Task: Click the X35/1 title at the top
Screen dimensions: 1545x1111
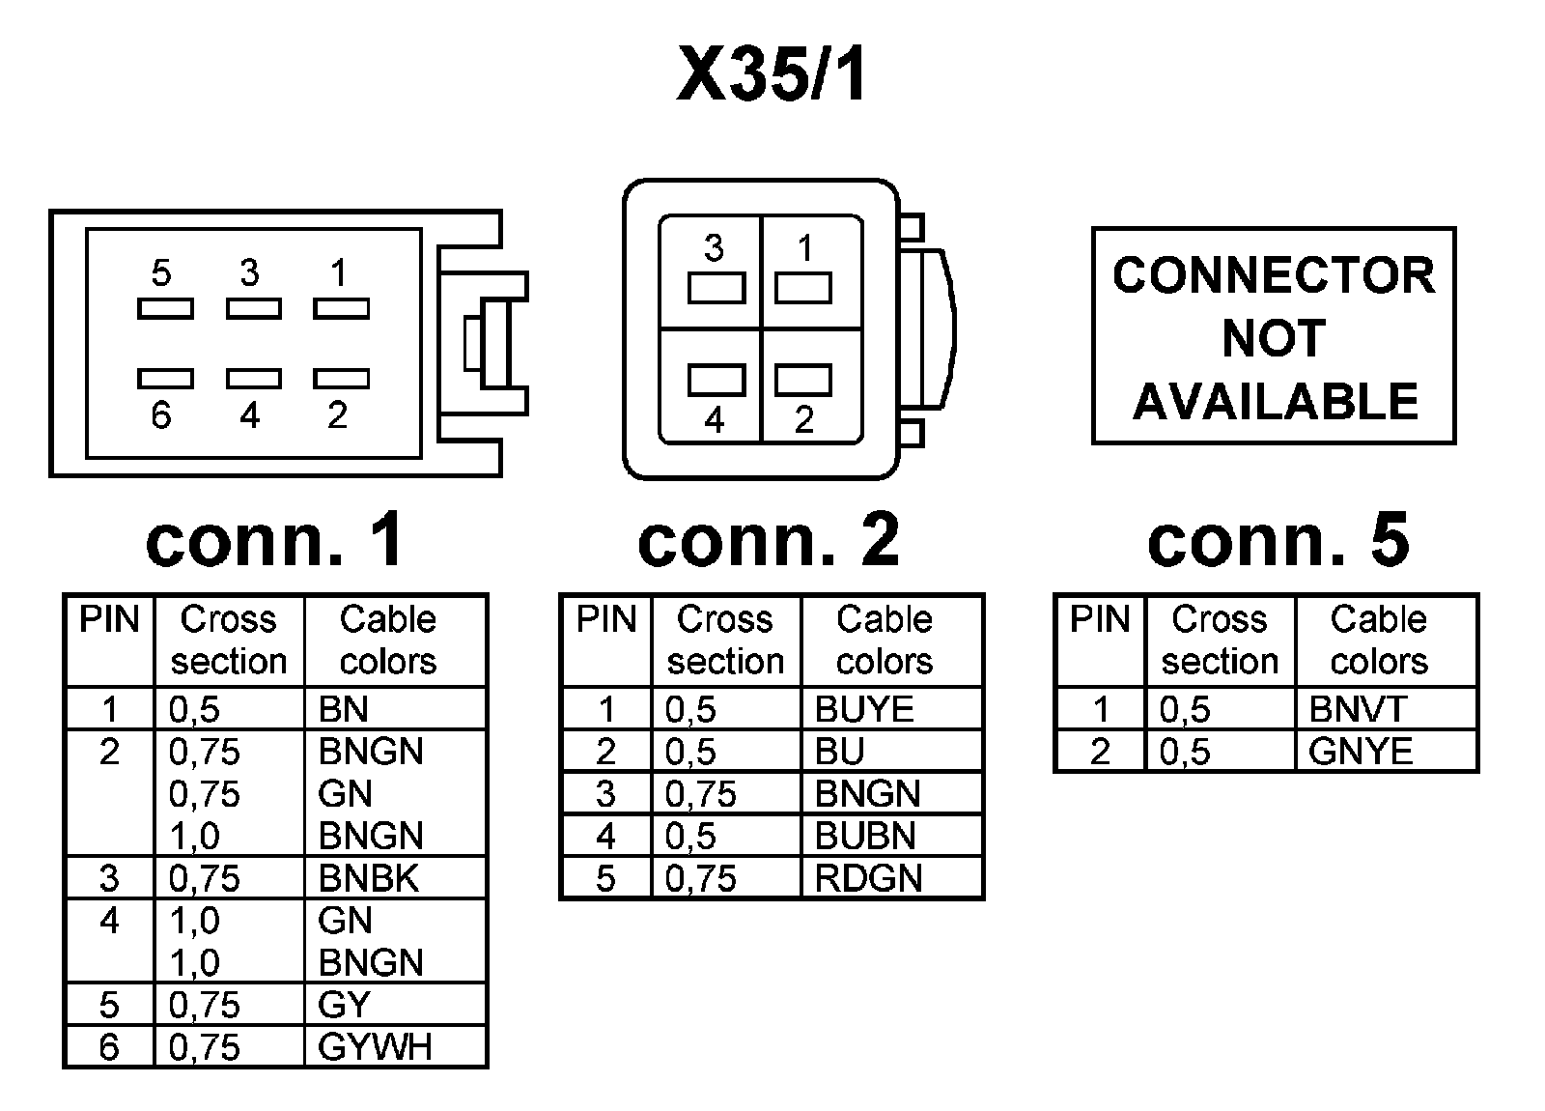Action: (x=772, y=73)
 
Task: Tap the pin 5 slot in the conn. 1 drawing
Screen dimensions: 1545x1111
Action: (x=165, y=308)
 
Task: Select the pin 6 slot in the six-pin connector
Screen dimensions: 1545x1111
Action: (x=165, y=378)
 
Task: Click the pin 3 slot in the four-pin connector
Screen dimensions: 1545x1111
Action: (x=716, y=289)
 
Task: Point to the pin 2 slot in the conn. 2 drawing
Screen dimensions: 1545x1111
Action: (x=803, y=381)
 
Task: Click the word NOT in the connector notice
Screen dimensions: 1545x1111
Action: (x=1274, y=338)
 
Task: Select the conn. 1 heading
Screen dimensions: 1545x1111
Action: (x=274, y=539)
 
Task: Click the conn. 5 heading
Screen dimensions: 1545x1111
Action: (x=1278, y=539)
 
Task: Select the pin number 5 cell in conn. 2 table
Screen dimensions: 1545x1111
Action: (x=605, y=878)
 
